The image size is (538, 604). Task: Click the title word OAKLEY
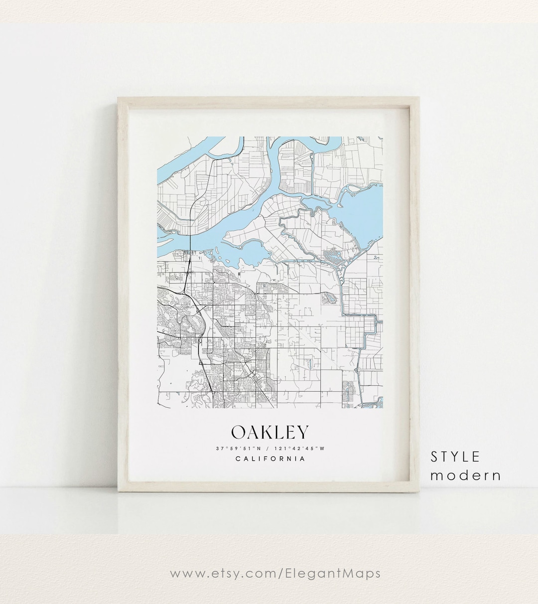(270, 433)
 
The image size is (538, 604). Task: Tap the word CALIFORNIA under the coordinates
(270, 459)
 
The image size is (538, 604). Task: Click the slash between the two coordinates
(269, 448)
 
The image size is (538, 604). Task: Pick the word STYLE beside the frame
(455, 456)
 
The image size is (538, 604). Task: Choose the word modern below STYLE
(465, 475)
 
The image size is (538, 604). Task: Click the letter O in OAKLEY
(238, 433)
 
